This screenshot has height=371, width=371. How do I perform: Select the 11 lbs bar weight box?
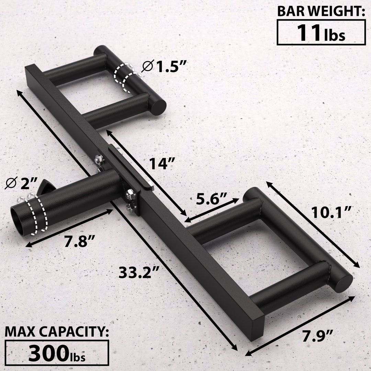click(x=321, y=32)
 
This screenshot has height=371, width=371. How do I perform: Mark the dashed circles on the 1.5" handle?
click(x=124, y=77)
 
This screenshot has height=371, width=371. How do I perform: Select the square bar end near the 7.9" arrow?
click(x=256, y=328)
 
